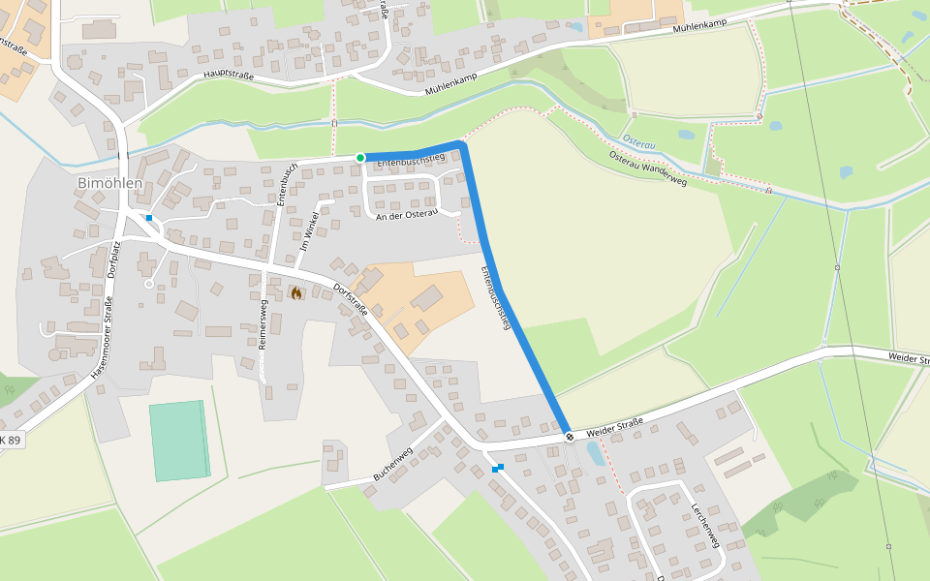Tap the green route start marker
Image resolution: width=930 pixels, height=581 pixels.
(360, 158)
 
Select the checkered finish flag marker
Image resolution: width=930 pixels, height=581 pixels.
(570, 437)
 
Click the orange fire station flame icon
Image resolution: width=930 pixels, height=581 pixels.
(295, 292)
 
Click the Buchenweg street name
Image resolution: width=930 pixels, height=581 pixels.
(393, 465)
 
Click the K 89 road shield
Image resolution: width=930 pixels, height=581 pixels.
(10, 440)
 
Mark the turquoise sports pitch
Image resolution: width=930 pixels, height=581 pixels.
(179, 441)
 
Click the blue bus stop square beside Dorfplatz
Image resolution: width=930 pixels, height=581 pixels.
(149, 218)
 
